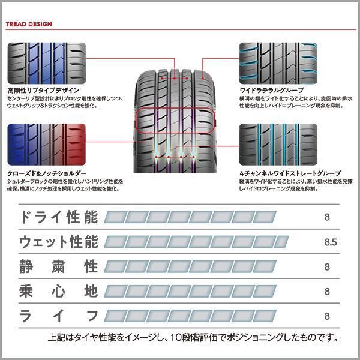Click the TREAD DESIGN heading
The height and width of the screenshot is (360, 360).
tap(29, 25)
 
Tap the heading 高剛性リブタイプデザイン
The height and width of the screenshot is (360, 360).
tap(43, 90)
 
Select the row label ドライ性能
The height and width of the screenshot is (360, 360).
tap(58, 217)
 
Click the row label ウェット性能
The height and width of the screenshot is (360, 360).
tap(58, 242)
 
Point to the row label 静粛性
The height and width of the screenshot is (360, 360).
tap(58, 266)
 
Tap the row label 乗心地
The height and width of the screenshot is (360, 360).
tap(58, 292)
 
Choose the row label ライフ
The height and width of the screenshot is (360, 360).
tap(58, 316)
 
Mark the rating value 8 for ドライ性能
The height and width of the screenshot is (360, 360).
tap(327, 217)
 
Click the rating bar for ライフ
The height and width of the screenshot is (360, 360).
tap(190, 316)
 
